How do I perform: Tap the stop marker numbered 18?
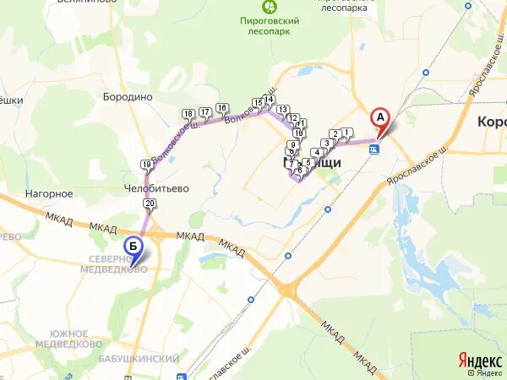[188, 114]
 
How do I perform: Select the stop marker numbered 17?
[204, 112]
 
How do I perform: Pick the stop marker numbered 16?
[221, 108]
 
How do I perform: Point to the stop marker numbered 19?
[147, 164]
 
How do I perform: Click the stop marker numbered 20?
[150, 204]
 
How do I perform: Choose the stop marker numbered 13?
[282, 110]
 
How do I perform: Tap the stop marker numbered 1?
[346, 132]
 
